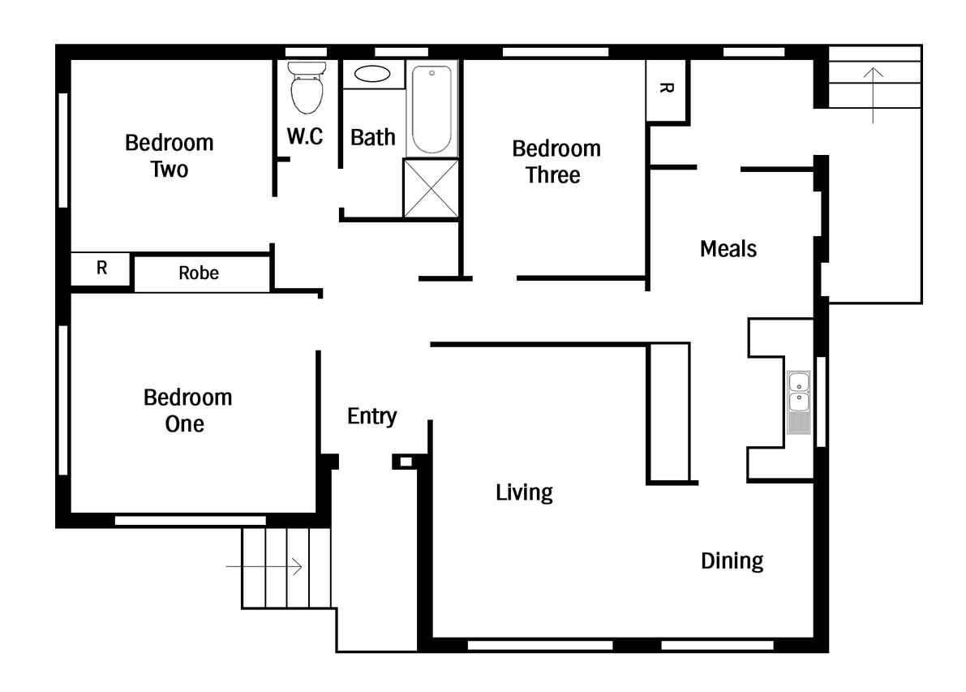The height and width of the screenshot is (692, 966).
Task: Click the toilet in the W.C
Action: click(x=307, y=88)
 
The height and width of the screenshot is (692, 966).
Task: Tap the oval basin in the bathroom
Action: click(x=372, y=74)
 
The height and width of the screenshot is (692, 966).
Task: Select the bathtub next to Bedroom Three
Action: click(x=431, y=109)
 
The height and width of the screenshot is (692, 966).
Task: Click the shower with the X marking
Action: click(x=431, y=188)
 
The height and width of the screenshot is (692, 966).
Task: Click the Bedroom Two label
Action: click(x=170, y=156)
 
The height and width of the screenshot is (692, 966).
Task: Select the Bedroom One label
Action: click(x=187, y=410)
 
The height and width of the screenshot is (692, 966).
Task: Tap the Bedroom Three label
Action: click(x=556, y=161)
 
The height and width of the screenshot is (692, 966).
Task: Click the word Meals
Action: click(x=728, y=249)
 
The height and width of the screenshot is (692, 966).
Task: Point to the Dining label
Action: click(x=732, y=561)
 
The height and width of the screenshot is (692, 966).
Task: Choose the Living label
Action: click(x=524, y=493)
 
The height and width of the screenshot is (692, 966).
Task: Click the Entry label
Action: click(x=372, y=416)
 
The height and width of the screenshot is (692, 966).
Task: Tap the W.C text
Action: click(x=305, y=136)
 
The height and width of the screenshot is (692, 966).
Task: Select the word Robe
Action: click(x=199, y=273)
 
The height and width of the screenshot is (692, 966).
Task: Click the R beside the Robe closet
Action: click(x=101, y=268)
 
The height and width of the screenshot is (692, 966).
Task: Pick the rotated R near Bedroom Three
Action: click(x=666, y=88)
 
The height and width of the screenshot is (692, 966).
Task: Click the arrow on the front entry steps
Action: click(x=264, y=566)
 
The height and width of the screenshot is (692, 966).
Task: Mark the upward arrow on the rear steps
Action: click(x=873, y=96)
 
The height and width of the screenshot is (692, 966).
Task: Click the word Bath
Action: click(x=373, y=137)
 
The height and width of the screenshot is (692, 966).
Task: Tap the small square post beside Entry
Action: click(x=406, y=462)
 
